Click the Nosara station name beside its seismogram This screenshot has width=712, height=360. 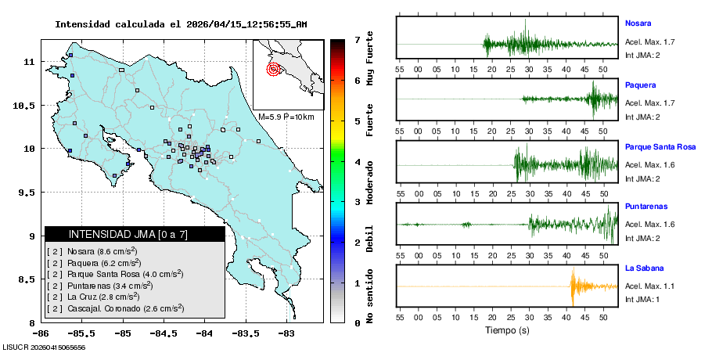(x=638, y=23)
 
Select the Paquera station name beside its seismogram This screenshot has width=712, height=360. (x=640, y=85)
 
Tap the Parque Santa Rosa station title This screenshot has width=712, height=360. (x=660, y=146)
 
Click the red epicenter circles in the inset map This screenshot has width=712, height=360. (x=273, y=69)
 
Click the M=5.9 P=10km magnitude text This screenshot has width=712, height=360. (x=286, y=117)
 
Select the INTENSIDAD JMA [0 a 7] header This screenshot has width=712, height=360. (x=135, y=234)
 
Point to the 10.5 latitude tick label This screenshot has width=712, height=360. (x=27, y=105)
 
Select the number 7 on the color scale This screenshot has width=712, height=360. (x=357, y=39)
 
